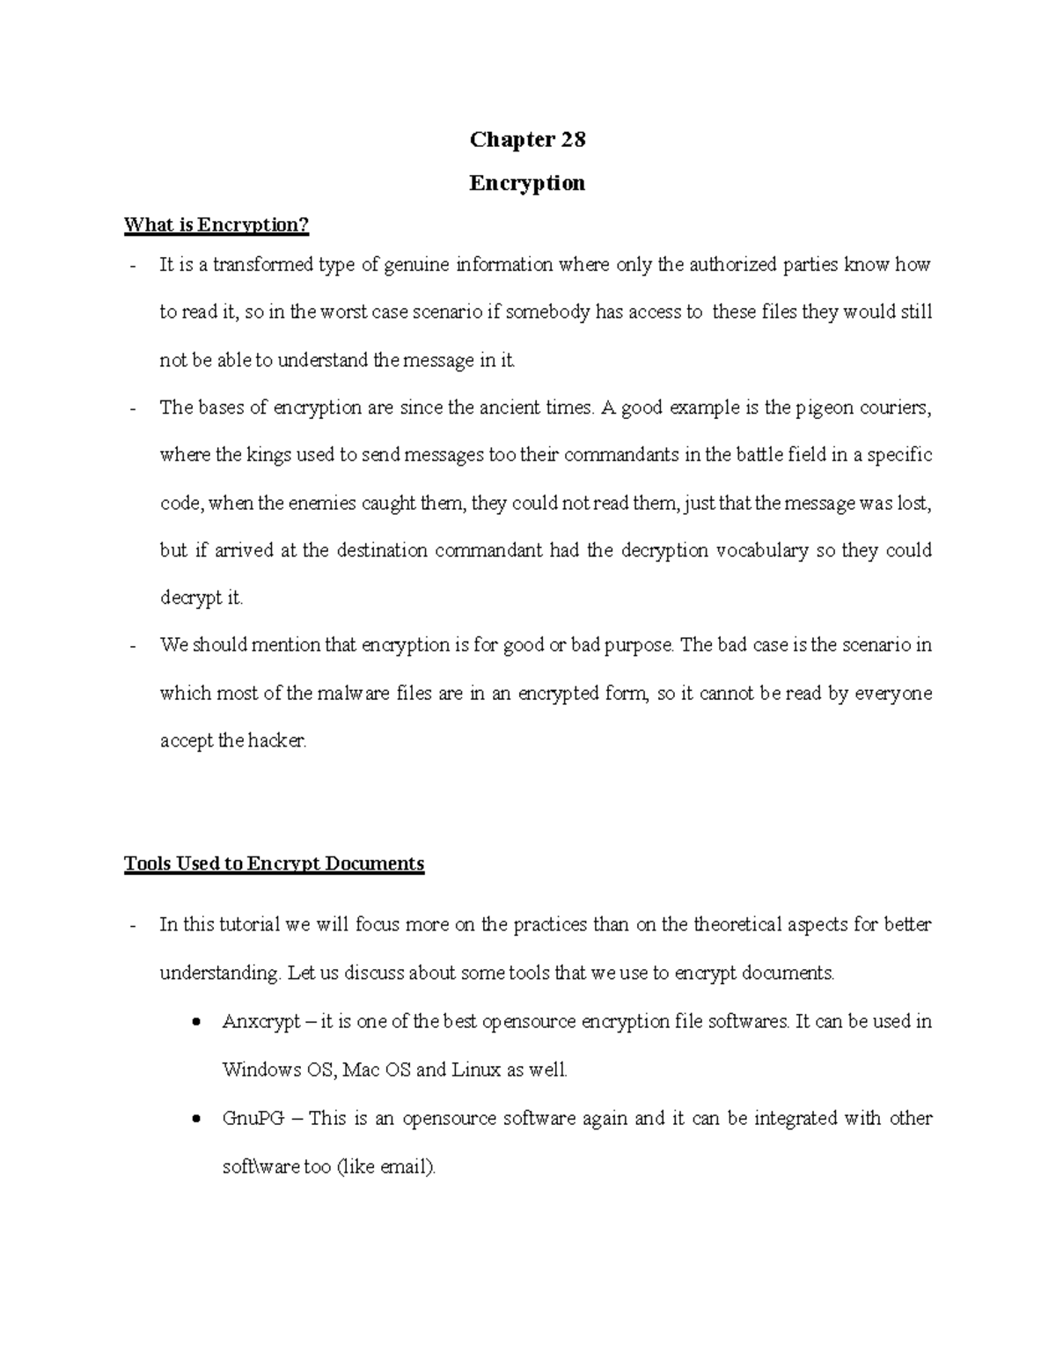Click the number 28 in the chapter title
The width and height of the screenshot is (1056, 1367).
coord(572,140)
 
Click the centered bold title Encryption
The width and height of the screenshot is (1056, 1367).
coord(527,183)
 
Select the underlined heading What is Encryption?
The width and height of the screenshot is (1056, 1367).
coord(216,225)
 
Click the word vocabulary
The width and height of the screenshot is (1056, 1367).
coord(762,551)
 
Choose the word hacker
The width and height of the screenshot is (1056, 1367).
coord(276,741)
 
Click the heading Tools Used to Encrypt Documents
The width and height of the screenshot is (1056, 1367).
coord(275,864)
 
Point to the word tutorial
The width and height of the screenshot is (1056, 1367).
coord(249,925)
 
